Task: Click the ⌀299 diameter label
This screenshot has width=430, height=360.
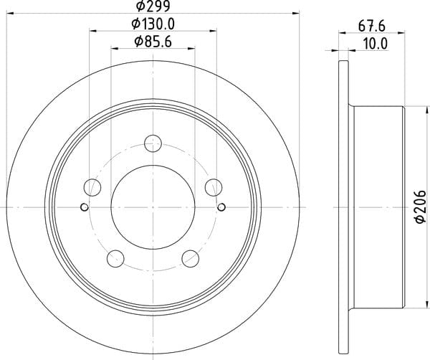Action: point(153,6)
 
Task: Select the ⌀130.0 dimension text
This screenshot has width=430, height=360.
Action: point(153,24)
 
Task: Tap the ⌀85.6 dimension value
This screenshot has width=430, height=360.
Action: point(153,42)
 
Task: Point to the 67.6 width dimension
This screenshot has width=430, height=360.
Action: point(372,27)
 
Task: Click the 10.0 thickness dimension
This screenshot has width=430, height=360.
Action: point(375,44)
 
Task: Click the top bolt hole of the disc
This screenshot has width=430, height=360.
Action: point(153,143)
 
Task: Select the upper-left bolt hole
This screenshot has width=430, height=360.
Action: point(92,187)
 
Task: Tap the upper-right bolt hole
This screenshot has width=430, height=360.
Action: point(214,187)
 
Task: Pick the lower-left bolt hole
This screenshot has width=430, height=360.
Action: point(115,258)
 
